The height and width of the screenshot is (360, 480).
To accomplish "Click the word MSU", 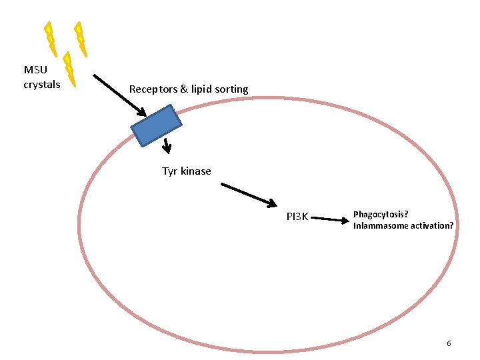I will tap(35, 70).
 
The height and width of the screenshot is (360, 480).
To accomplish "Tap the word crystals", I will tap(42, 85).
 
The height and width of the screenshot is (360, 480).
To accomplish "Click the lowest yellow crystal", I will tap(69, 69).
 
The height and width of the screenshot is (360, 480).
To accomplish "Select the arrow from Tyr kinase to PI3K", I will tap(249, 194).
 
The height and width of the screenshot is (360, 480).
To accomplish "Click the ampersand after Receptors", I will tap(184, 89).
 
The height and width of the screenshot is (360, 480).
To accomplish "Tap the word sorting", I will tap(231, 89).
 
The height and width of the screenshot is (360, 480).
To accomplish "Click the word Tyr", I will tap(170, 171).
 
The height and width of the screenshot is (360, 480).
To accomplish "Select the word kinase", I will tap(196, 171).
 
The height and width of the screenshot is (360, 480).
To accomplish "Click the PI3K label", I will tap(297, 216).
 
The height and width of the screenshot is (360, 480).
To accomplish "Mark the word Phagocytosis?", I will tap(381, 214).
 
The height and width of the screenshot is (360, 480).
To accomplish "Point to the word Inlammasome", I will tap(381, 225).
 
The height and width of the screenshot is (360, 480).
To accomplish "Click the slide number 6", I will tap(449, 343).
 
